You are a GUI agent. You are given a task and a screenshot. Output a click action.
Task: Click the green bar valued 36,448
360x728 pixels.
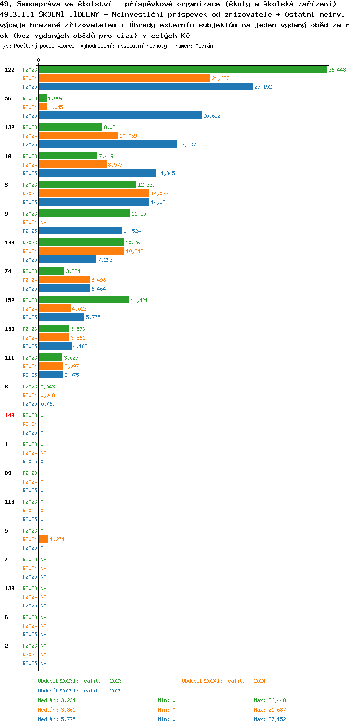[183, 70]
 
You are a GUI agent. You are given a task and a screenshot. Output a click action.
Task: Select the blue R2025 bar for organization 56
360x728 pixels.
[120, 116]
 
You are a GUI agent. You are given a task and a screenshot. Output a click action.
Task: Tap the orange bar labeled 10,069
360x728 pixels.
[79, 136]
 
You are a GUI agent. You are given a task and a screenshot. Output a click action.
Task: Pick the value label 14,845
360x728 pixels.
[166, 173]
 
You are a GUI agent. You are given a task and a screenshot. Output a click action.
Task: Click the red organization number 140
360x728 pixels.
[10, 416]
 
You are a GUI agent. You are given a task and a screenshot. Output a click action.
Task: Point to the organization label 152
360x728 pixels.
[10, 300]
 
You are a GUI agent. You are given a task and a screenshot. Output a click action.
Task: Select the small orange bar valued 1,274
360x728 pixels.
[44, 539]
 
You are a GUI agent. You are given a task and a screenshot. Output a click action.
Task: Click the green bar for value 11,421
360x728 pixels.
[84, 300]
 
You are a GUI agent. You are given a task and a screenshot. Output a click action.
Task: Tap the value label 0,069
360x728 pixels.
[48, 404]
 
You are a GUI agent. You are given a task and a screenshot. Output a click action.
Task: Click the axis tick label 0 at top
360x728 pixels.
[39, 60]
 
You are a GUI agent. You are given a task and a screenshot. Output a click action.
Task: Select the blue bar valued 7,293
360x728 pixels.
[68, 260]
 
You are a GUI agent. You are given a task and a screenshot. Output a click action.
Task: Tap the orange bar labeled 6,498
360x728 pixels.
[64, 280]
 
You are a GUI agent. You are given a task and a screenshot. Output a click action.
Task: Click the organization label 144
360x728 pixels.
[10, 243]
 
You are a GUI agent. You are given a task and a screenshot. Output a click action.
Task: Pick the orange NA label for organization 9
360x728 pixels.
[44, 223]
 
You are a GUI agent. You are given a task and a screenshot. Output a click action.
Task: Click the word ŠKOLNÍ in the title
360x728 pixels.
[51, 14]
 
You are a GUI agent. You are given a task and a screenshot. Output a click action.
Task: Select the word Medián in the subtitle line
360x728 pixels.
[204, 46]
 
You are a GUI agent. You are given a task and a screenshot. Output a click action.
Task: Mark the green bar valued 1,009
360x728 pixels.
[43, 98]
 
